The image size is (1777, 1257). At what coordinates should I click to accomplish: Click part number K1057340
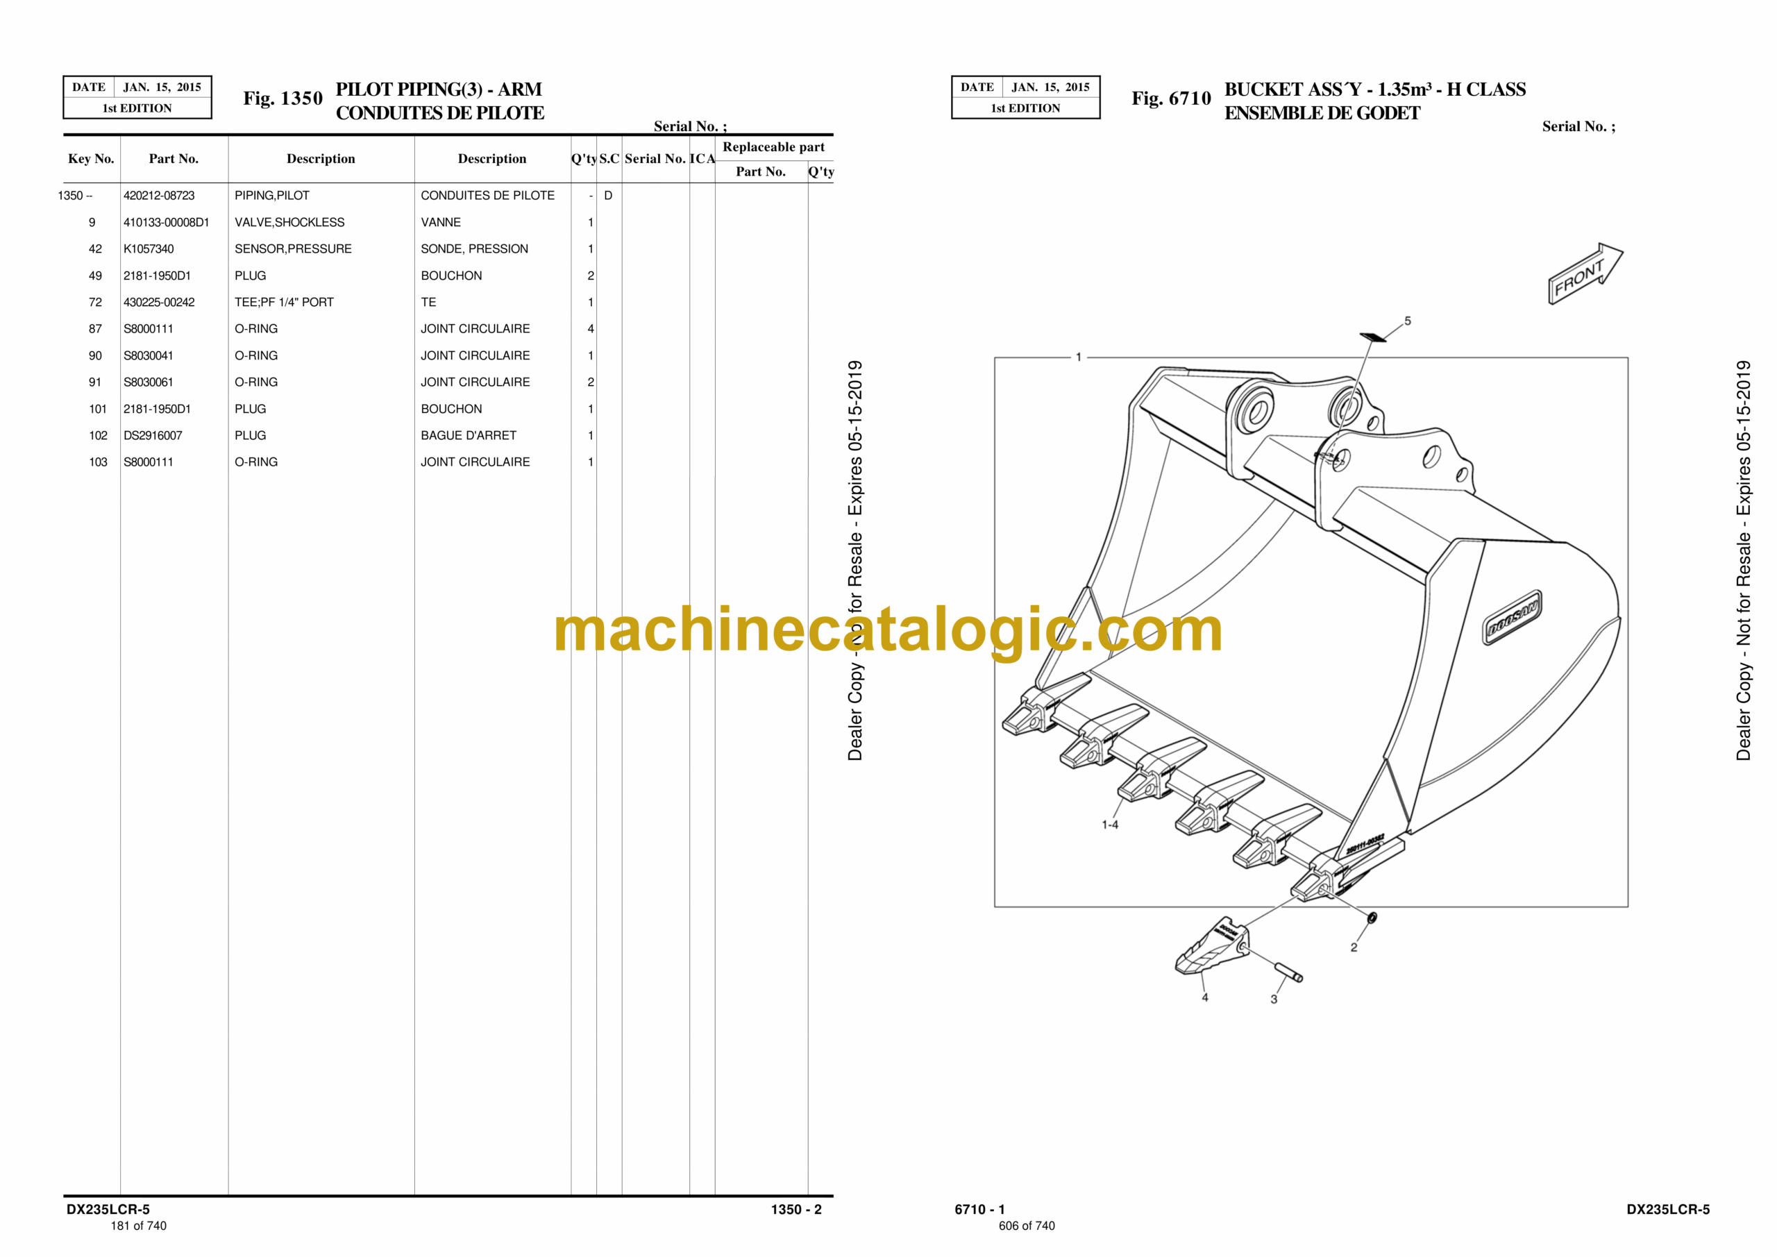149,249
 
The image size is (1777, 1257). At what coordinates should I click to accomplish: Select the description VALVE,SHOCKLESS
289,222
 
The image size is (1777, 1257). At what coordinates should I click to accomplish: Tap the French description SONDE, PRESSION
474,249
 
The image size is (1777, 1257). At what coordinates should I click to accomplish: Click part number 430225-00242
159,303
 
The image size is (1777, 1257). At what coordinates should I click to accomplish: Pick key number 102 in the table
99,436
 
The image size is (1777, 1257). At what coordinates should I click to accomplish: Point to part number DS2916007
153,436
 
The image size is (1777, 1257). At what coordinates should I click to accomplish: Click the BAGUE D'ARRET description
469,436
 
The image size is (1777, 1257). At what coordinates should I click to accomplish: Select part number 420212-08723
159,196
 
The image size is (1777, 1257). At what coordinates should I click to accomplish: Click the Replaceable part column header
773,147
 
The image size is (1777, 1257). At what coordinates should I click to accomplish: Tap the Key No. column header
92,159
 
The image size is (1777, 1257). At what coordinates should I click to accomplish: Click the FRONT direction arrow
1585,273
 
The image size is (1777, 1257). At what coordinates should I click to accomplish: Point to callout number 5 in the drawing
1408,321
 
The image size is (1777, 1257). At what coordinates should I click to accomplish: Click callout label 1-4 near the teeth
1110,825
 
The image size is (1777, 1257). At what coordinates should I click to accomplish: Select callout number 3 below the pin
1274,999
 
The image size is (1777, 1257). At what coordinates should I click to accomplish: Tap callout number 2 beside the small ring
1354,947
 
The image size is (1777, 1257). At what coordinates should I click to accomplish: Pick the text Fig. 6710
1171,99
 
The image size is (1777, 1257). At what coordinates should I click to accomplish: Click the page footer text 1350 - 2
795,1209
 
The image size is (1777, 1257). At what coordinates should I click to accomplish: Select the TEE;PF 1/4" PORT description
284,303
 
